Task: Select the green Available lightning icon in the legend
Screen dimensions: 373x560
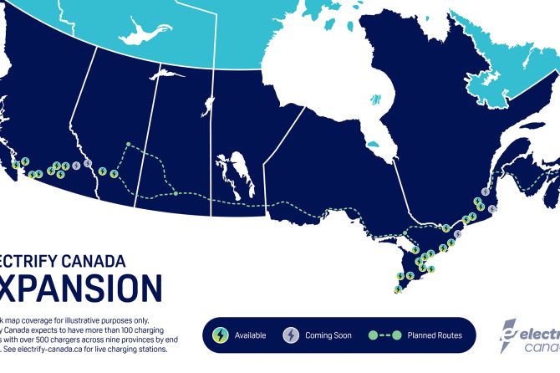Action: pyautogui.click(x=220, y=335)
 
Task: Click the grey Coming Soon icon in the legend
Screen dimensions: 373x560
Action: pyautogui.click(x=291, y=335)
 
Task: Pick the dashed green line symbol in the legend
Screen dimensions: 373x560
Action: pyautogui.click(x=384, y=335)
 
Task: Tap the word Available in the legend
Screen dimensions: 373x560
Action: pyautogui.click(x=250, y=336)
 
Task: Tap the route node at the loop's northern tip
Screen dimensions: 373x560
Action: pyautogui.click(x=128, y=145)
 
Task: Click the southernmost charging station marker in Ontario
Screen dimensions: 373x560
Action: pyautogui.click(x=398, y=290)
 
